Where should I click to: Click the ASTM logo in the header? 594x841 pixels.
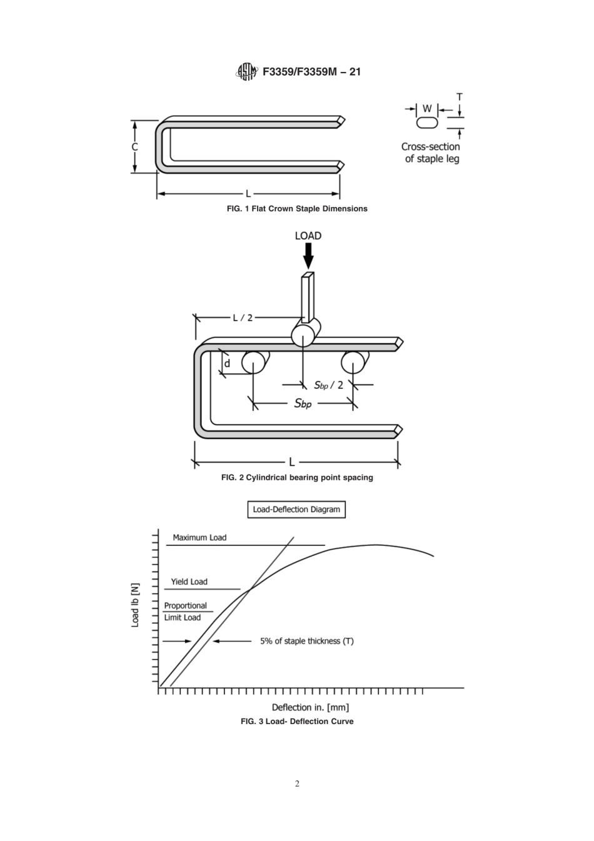[x=246, y=72]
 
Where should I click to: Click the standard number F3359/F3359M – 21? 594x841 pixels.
[x=311, y=72]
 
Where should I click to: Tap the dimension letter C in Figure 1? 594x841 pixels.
[x=135, y=148]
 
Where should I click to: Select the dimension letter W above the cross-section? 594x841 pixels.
[x=427, y=109]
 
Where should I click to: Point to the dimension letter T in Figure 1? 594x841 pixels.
[x=460, y=98]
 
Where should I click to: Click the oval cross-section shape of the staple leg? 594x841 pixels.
[x=427, y=123]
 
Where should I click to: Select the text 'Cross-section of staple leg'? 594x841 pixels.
[x=431, y=153]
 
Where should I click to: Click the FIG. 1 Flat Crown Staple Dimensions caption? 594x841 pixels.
[x=297, y=209]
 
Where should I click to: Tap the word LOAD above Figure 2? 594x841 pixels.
[x=308, y=236]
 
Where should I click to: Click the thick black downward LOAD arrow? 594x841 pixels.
[x=308, y=254]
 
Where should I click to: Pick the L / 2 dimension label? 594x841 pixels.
[x=243, y=318]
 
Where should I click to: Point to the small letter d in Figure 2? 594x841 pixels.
[x=227, y=363]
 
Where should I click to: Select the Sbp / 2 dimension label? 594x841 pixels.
[x=328, y=385]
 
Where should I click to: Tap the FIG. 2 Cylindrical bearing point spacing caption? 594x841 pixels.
[x=297, y=478]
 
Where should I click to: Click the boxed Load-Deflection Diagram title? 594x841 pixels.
[x=296, y=510]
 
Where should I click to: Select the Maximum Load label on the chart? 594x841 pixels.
[x=199, y=538]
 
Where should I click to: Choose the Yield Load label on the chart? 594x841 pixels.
[x=189, y=582]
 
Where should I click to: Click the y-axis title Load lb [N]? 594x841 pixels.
[x=135, y=605]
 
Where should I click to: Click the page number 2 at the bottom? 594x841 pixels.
[x=297, y=784]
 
